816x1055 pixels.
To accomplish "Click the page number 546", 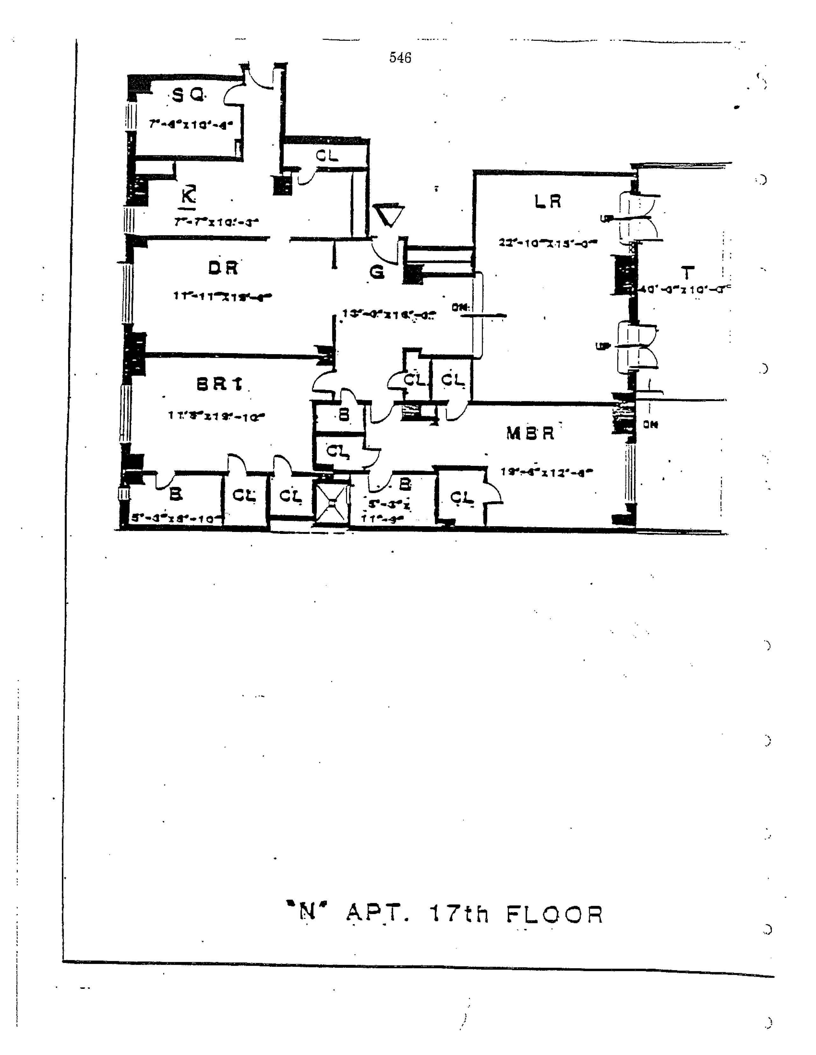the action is (x=400, y=58).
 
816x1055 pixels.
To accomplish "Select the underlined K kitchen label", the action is (x=188, y=197).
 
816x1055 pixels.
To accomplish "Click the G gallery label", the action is (x=377, y=272).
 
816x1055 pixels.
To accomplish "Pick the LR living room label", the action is (x=548, y=201).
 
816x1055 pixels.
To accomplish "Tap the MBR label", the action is (x=530, y=433).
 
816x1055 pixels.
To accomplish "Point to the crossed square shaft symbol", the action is (x=331, y=503).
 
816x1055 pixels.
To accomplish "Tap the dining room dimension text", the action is (x=222, y=296).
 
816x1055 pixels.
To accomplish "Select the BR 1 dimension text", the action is (x=216, y=416).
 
